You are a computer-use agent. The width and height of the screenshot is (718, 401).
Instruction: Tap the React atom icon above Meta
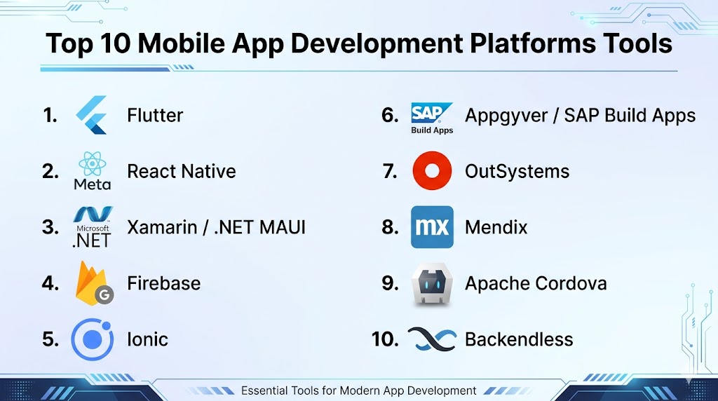pyautogui.click(x=92, y=163)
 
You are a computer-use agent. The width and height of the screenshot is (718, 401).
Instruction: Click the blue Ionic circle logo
pyautogui.click(x=93, y=339)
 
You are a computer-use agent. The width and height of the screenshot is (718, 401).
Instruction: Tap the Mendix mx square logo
pyautogui.click(x=432, y=227)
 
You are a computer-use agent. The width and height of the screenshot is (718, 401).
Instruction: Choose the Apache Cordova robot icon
pyautogui.click(x=432, y=284)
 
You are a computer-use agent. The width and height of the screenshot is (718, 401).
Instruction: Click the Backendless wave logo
pyautogui.click(x=432, y=339)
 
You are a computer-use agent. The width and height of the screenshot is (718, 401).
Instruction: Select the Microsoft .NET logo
pyautogui.click(x=93, y=227)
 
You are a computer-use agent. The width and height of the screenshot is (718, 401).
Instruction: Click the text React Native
pyautogui.click(x=182, y=172)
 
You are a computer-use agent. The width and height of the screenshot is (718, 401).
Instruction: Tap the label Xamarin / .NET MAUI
pyautogui.click(x=216, y=228)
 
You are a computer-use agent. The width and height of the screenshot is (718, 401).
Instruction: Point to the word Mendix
pyautogui.click(x=496, y=228)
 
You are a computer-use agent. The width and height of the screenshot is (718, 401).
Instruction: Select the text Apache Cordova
pyautogui.click(x=536, y=283)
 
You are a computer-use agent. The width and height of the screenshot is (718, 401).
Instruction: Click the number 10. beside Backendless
pyautogui.click(x=385, y=339)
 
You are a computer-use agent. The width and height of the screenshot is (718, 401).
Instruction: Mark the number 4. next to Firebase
pyautogui.click(x=50, y=283)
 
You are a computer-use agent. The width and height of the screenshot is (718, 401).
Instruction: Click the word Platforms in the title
pyautogui.click(x=533, y=43)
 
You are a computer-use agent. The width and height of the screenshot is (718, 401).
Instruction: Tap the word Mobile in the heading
pyautogui.click(x=182, y=43)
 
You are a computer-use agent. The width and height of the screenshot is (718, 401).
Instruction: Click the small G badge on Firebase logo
pyautogui.click(x=104, y=295)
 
